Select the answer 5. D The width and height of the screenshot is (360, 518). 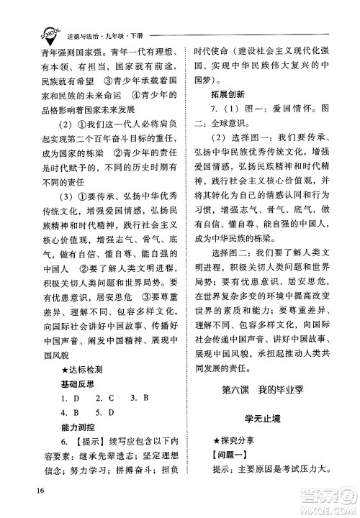pyautogui.click(x=106, y=415)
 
